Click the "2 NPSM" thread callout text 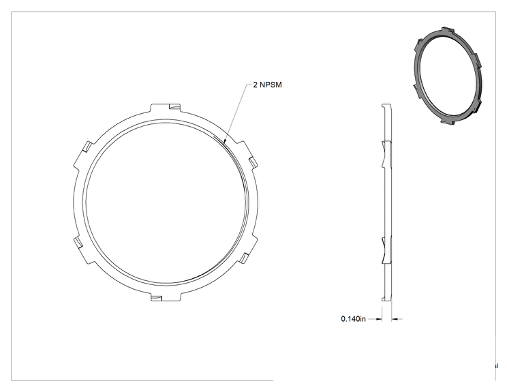click(x=267, y=85)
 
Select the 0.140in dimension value click(x=354, y=319)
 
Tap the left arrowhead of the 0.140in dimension click(x=380, y=319)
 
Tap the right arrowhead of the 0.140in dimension click(x=394, y=319)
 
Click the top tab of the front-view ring click(x=166, y=108)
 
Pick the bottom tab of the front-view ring click(x=166, y=296)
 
